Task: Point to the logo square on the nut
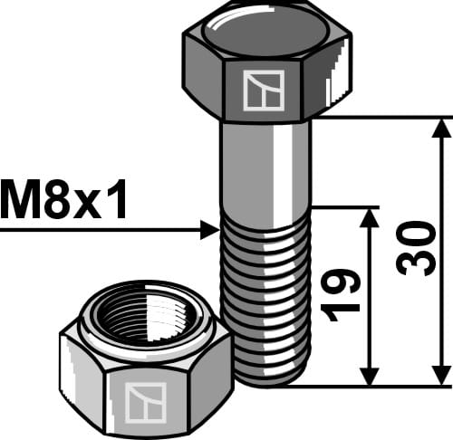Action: (x=145, y=401)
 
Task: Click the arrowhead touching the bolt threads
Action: (x=210, y=231)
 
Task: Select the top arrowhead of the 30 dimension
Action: (x=441, y=129)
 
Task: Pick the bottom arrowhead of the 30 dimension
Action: (x=441, y=376)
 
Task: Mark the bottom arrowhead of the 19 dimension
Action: (x=369, y=376)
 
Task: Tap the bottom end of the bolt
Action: (x=268, y=380)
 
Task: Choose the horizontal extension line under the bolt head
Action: (x=381, y=117)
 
